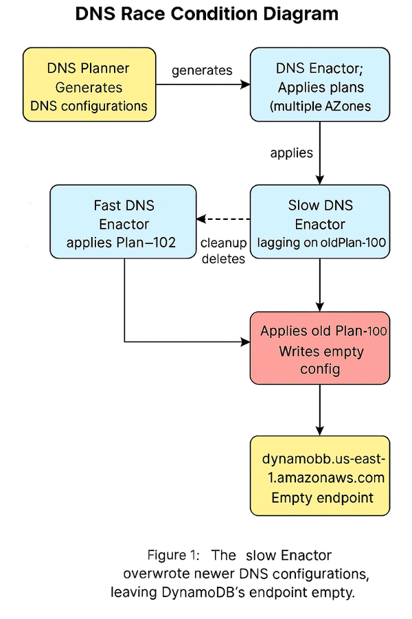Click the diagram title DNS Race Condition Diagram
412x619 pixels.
point(206,13)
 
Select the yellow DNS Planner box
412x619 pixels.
point(89,86)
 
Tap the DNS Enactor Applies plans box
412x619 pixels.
point(319,86)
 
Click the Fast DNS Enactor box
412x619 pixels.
point(123,221)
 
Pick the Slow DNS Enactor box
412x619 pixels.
point(319,221)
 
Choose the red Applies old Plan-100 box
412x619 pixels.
point(319,348)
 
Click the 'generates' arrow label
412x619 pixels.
point(202,70)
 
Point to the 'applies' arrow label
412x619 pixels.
point(292,153)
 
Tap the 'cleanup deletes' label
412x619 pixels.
point(223,251)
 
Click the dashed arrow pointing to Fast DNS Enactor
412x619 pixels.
point(223,219)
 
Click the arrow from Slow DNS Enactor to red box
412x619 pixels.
point(320,284)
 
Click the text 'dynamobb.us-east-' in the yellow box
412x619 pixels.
point(320,458)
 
